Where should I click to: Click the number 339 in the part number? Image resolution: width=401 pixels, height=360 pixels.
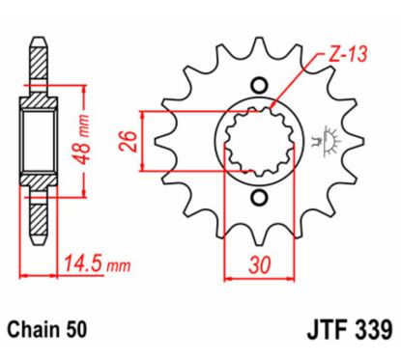click(366, 329)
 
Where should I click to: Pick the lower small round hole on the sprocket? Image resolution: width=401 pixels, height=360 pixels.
click(257, 199)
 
